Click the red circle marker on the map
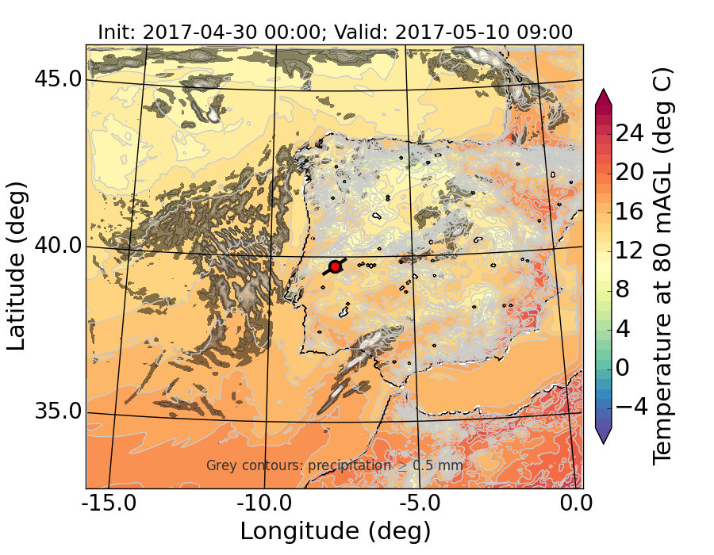(335, 267)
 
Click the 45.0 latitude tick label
(58, 79)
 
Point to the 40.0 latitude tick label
(58, 246)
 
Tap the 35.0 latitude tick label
(58, 412)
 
